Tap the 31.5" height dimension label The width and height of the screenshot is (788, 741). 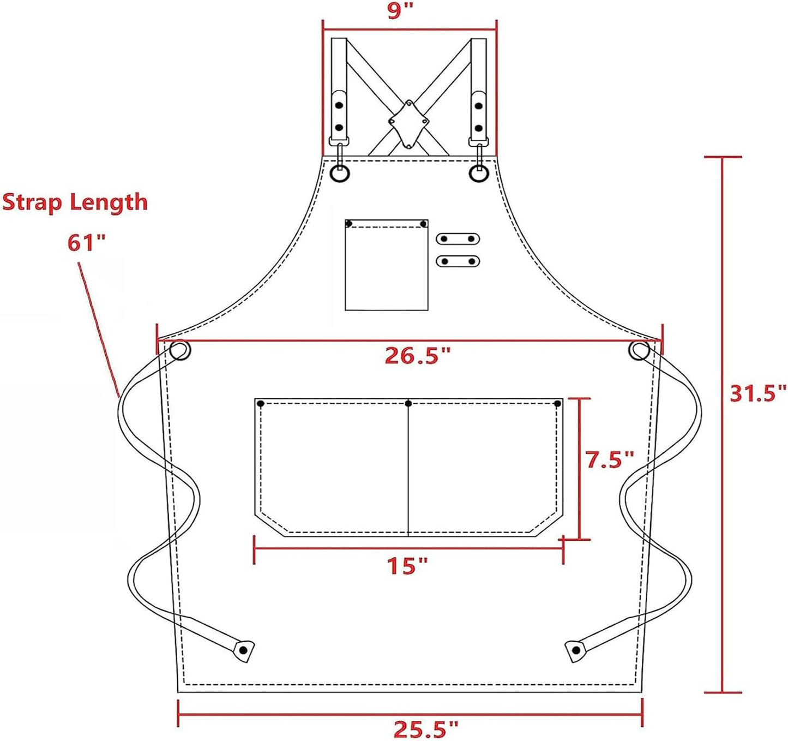click(x=757, y=392)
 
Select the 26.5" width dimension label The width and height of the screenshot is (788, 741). click(x=418, y=355)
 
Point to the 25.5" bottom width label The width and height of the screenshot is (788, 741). click(x=426, y=729)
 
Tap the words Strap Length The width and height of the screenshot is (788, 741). click(x=75, y=202)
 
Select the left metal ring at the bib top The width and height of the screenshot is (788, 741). click(x=340, y=173)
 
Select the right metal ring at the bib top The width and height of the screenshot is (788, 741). click(x=478, y=173)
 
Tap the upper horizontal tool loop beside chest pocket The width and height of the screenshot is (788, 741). click(x=458, y=238)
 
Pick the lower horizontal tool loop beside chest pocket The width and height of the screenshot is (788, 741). click(x=458, y=261)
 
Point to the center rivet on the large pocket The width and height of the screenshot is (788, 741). click(x=408, y=404)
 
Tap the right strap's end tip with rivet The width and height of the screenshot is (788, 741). click(x=575, y=650)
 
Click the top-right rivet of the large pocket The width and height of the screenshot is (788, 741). click(x=557, y=404)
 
